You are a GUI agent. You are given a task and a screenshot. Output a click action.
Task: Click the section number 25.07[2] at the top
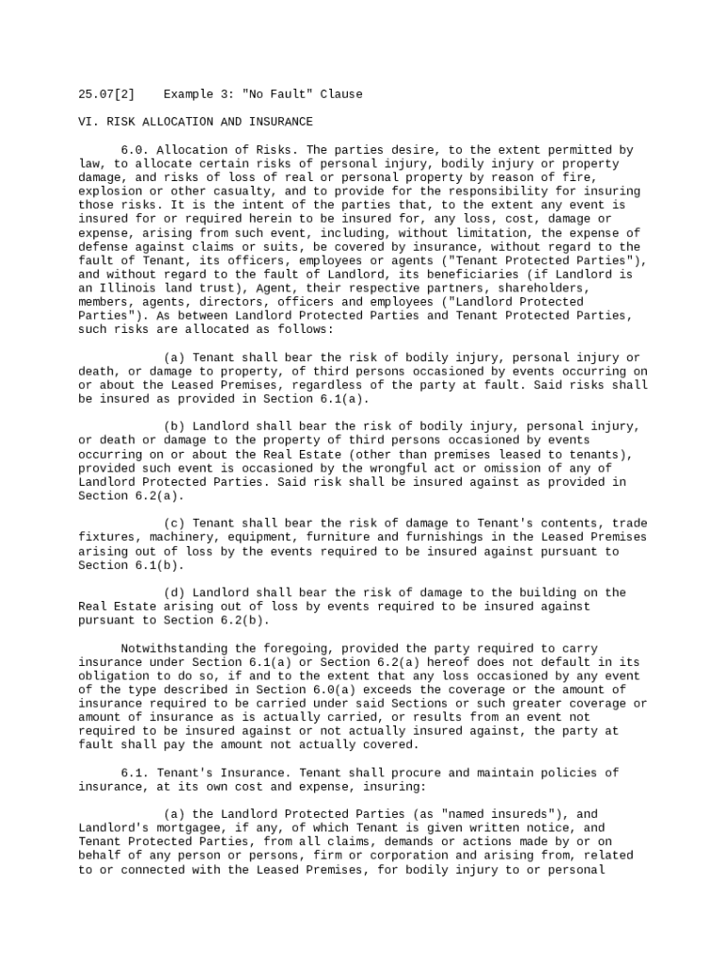[107, 94]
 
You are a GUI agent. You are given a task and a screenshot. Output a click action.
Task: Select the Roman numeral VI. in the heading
[89, 122]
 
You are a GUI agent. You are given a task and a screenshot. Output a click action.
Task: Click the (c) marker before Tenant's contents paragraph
[174, 524]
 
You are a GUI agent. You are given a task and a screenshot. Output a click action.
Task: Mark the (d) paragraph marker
[174, 593]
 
